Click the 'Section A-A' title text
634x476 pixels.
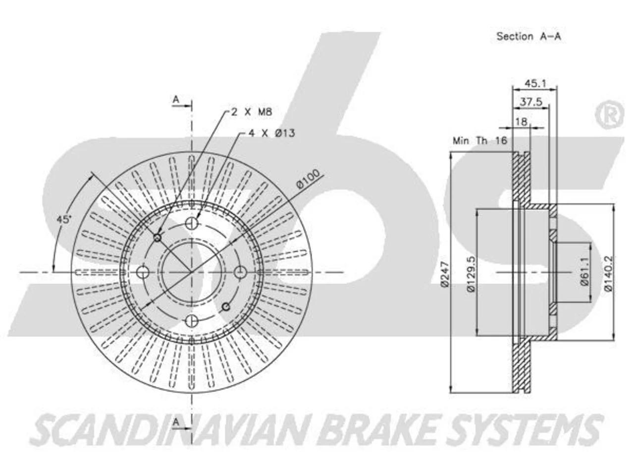click(x=528, y=36)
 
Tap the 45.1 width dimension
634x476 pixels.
click(x=535, y=83)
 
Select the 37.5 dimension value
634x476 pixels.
click(x=531, y=102)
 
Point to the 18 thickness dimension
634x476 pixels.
click(x=521, y=121)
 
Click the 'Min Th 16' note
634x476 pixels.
click(x=480, y=141)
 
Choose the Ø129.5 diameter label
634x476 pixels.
click(x=471, y=273)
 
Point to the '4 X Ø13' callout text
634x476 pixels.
click(x=272, y=133)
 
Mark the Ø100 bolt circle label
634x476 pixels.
click(x=308, y=178)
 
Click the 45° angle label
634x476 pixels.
click(x=63, y=220)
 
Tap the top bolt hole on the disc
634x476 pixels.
click(x=191, y=223)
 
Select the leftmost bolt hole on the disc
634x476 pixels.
click(x=142, y=272)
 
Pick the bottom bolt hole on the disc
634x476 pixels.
click(x=191, y=320)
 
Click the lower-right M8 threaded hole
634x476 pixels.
click(x=226, y=306)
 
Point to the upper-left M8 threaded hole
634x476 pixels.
click(x=157, y=238)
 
